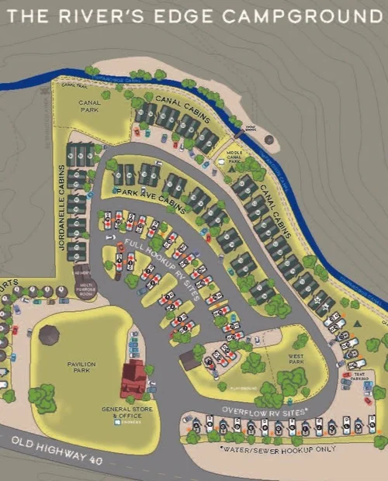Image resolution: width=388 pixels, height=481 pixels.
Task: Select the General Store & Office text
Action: tap(125, 412)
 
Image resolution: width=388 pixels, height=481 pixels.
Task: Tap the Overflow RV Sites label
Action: tap(265, 408)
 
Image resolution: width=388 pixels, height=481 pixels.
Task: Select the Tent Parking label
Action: tap(358, 375)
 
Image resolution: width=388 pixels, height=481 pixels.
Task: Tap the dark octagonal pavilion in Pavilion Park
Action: tap(49, 335)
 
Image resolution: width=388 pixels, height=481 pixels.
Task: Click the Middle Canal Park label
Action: tap(234, 157)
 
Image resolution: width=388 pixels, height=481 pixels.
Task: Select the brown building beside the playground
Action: tap(189, 360)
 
